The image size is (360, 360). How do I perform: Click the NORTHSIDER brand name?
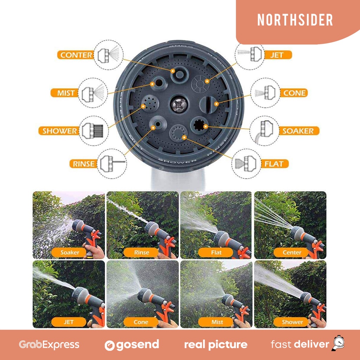[x=295, y=20]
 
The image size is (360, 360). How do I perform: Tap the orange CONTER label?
[x=76, y=55]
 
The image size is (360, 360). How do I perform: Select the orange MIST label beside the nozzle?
[x=65, y=93]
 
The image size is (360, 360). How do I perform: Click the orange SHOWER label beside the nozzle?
[x=59, y=131]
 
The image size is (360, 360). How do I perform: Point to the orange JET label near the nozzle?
[x=278, y=55]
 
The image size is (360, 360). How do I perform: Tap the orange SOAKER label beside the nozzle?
[x=298, y=131]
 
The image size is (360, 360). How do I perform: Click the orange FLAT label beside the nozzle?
[x=274, y=164]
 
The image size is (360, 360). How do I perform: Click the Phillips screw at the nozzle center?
[x=179, y=105]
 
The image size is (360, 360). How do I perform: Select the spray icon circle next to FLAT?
[x=246, y=164]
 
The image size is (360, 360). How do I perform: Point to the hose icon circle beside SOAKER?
[x=264, y=131]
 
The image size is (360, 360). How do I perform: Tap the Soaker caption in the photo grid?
[x=70, y=252]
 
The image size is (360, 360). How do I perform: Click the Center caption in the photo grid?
[x=291, y=252]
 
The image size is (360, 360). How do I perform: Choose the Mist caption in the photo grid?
[x=217, y=322]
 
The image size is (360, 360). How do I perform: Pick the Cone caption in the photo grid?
[x=141, y=322]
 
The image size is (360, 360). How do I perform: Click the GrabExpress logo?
[x=49, y=345]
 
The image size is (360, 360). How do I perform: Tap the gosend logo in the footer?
[x=132, y=345]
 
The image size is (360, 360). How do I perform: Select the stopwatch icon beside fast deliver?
[x=338, y=343]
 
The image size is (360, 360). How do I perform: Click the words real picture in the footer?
[x=216, y=345]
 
